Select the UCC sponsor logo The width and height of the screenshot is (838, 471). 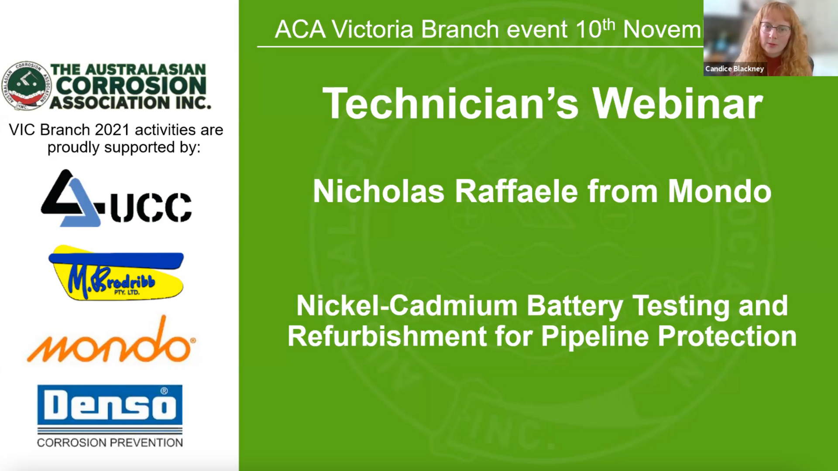[116, 198]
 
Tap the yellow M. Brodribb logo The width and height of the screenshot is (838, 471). [116, 273]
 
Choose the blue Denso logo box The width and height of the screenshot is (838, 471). [110, 405]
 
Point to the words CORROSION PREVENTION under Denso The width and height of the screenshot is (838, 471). [110, 443]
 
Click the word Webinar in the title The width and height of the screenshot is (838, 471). [677, 104]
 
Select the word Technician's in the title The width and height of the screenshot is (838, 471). [450, 104]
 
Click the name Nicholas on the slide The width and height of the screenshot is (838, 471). [378, 191]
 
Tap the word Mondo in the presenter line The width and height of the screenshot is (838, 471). [720, 191]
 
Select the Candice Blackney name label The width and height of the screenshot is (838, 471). [735, 69]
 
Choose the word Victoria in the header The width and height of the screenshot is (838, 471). [372, 30]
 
